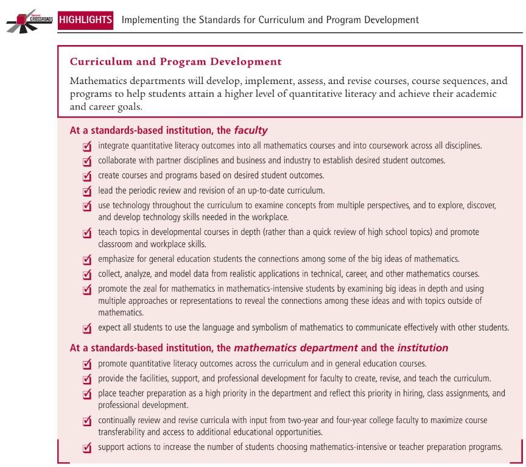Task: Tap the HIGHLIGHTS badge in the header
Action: [86, 19]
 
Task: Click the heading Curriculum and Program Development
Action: [176, 61]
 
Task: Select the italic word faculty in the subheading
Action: [251, 130]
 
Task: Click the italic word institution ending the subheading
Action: [423, 348]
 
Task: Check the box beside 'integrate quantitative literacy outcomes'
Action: [87, 147]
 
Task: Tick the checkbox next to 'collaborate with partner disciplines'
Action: [87, 161]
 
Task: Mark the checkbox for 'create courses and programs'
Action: [87, 176]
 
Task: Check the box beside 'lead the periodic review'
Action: [87, 191]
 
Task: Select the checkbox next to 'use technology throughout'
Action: [87, 206]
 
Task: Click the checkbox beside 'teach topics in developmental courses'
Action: [87, 233]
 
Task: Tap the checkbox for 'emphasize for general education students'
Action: [87, 260]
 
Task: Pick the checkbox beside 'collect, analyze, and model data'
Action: [87, 275]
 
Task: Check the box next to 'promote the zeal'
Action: [87, 289]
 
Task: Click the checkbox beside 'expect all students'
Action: [87, 328]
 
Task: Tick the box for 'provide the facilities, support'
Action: [87, 379]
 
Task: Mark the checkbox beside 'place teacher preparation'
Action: [87, 394]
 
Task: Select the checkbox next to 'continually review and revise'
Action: [87, 421]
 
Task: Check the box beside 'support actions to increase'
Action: [87, 449]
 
